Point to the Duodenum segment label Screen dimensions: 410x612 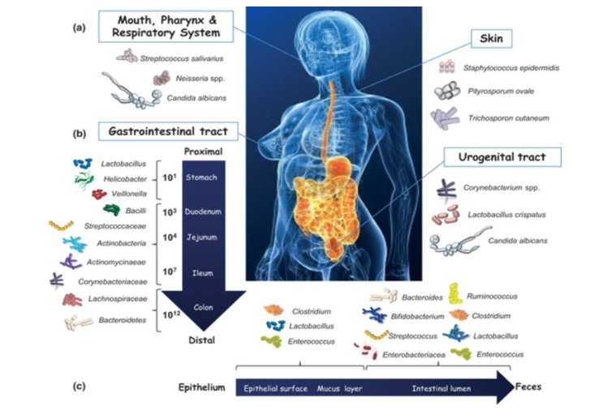[200, 211]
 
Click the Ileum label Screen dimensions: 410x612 [201, 273]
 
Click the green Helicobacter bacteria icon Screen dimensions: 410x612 [83, 178]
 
